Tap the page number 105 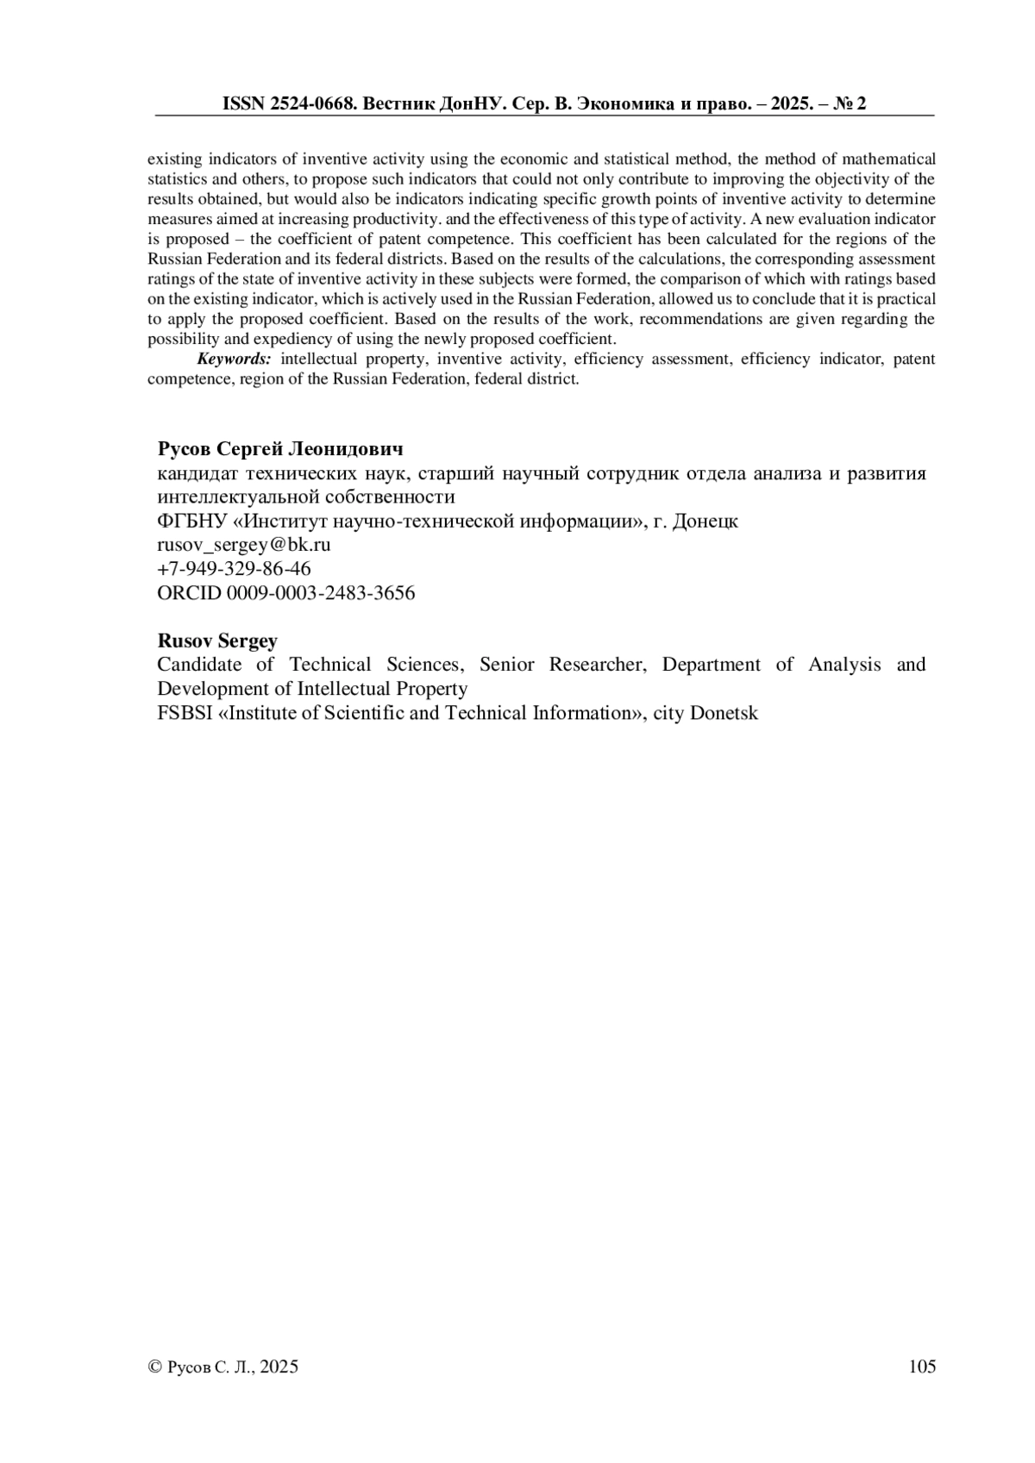click(x=922, y=1366)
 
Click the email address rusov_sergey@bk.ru click(x=244, y=545)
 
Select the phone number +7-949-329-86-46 click(x=234, y=569)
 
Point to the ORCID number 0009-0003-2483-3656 click(x=320, y=593)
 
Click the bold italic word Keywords click(x=234, y=359)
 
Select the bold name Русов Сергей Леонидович click(x=280, y=449)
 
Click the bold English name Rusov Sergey click(x=217, y=641)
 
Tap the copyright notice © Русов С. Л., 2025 click(x=224, y=1366)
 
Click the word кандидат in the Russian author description click(x=197, y=473)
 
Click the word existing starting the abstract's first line click(x=175, y=159)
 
